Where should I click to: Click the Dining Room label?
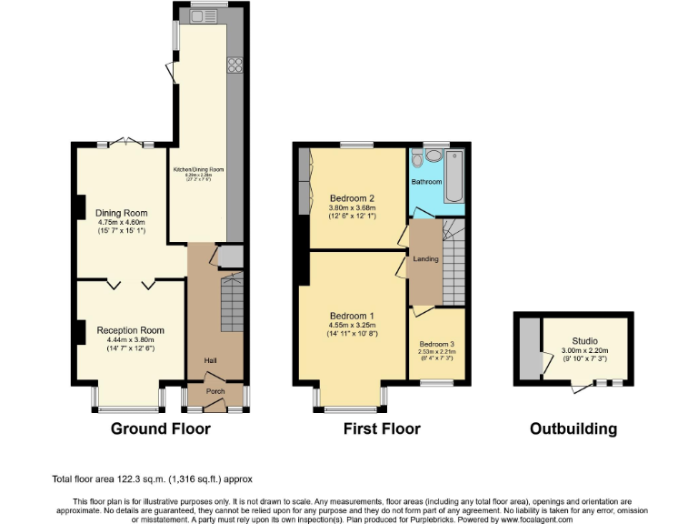click(121, 213)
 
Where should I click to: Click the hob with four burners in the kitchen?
click(234, 65)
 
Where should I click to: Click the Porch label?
click(214, 392)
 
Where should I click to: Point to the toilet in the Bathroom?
click(417, 160)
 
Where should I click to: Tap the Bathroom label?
click(426, 182)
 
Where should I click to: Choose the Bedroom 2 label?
click(352, 198)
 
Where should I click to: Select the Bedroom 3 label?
click(436, 344)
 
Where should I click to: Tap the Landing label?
click(425, 259)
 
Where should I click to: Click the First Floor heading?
click(383, 428)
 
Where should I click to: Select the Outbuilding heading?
click(573, 428)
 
